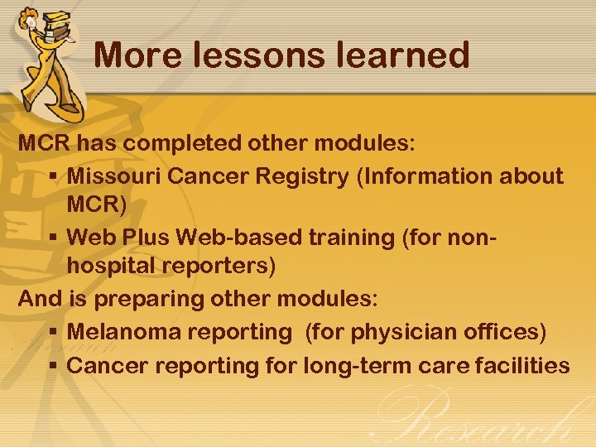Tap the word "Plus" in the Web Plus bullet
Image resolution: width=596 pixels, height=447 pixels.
(x=147, y=237)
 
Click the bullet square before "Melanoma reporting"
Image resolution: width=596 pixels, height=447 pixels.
(x=52, y=333)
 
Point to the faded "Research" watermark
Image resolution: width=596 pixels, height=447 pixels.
(x=480, y=418)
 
